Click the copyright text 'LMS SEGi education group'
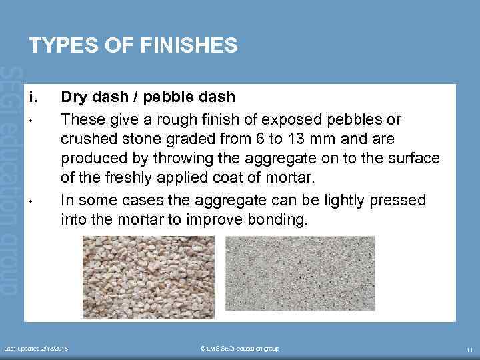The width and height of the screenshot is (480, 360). pos(241,349)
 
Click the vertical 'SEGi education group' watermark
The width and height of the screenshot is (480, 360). pos(11,180)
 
